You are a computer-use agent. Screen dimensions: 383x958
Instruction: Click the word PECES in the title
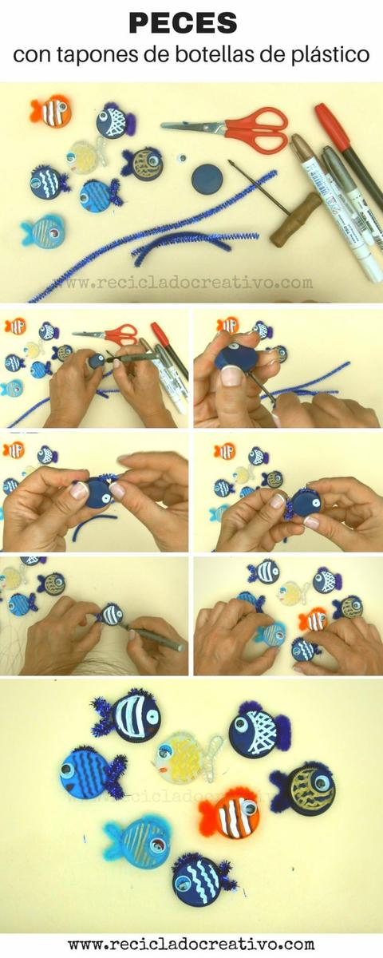click(183, 23)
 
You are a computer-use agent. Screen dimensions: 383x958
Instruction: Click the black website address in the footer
click(191, 943)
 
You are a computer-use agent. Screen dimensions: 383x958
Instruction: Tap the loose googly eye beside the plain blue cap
click(182, 158)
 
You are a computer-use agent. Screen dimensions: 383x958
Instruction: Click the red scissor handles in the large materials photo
click(259, 129)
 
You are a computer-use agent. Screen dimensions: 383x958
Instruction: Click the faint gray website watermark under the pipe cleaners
click(182, 283)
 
